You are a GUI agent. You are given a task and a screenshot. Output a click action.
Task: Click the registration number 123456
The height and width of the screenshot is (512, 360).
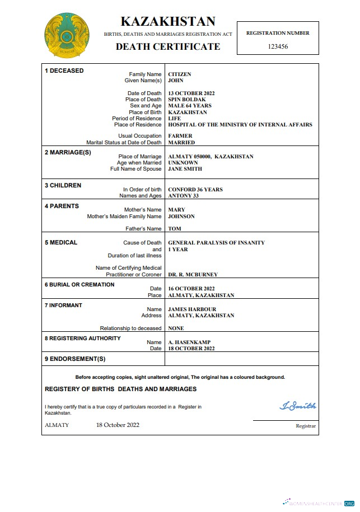pos(278,46)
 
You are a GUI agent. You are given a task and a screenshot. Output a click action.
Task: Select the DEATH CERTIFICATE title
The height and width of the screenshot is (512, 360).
pos(167,46)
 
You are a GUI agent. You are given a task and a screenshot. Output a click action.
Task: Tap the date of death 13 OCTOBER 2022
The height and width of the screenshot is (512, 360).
pos(191,93)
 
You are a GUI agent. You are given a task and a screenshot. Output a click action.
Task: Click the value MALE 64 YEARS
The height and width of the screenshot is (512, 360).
pos(190,106)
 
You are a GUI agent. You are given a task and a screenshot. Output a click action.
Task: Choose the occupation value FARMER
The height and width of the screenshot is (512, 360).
pos(180,136)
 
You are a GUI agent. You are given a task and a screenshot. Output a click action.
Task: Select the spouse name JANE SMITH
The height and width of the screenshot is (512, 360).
pos(185,169)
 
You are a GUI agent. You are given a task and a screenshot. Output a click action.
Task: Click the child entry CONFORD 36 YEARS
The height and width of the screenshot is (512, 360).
pos(195,190)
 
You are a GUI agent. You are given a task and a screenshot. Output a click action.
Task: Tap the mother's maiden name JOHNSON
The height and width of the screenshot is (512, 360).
pos(181,217)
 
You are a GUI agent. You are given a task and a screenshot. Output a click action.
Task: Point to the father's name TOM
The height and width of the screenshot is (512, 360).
pos(175,229)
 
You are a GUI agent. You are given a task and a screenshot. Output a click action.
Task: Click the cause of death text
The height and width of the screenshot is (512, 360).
pos(217,243)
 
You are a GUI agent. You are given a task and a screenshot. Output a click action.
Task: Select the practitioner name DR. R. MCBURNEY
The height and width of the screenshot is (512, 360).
pos(193,275)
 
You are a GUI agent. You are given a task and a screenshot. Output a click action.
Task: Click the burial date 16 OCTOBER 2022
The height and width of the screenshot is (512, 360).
pos(191,289)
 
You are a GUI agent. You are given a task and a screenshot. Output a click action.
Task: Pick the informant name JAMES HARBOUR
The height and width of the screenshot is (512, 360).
pos(192,309)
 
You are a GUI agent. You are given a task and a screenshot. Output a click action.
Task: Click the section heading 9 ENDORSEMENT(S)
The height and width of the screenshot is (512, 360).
pos(75,359)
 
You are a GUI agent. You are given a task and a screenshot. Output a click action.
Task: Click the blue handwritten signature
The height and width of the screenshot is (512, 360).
pos(298,406)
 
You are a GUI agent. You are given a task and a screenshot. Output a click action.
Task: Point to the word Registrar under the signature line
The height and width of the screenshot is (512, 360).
pos(306,426)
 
